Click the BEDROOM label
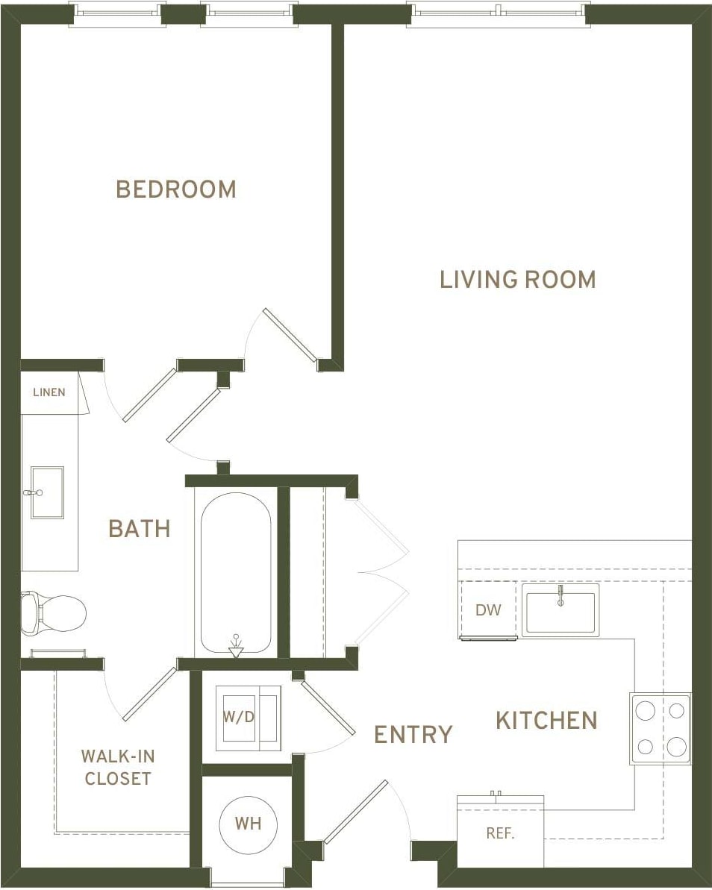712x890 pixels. point(176,189)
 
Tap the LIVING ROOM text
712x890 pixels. point(517,280)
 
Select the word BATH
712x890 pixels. point(140,529)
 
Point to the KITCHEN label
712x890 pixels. point(546,721)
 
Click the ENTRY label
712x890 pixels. point(413,735)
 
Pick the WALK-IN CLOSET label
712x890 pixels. point(117,767)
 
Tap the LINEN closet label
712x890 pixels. point(49,392)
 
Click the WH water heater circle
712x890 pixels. point(248,824)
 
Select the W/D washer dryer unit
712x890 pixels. point(248,718)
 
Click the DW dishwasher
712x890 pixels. point(489,610)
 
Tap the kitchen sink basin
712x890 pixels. point(560,609)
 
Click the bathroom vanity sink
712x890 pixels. point(46,492)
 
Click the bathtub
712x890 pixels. point(237,573)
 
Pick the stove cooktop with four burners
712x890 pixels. point(661,728)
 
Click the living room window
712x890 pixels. point(499,13)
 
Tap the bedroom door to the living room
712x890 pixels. point(290,336)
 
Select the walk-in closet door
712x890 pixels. point(149,695)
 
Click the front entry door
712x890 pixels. point(356,812)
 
